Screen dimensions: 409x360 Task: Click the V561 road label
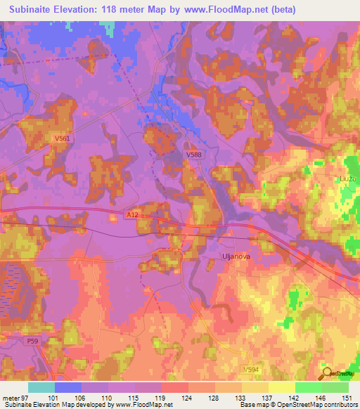pyautogui.click(x=63, y=139)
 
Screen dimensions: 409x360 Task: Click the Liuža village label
pyautogui.click(x=347, y=180)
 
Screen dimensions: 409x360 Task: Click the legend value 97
pyautogui.click(x=25, y=397)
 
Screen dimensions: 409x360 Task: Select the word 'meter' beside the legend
pyautogui.click(x=11, y=397)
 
